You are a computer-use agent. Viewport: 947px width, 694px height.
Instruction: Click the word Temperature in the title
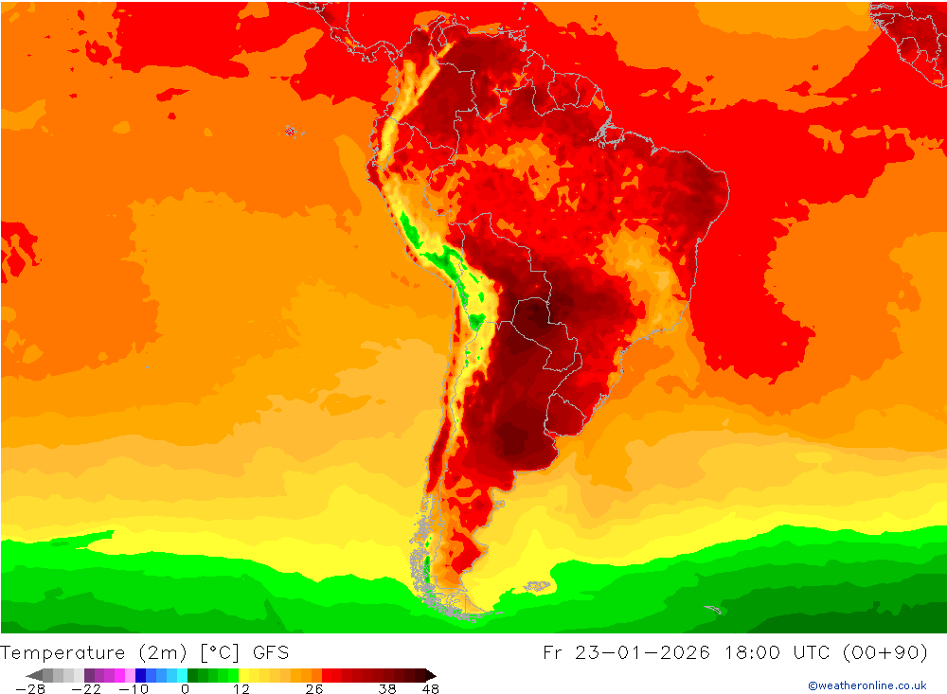click(63, 652)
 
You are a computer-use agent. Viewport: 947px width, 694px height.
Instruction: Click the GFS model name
click(271, 652)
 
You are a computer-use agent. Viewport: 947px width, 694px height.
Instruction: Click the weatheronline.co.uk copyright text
click(867, 685)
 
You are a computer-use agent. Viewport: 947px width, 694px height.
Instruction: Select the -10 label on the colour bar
click(133, 688)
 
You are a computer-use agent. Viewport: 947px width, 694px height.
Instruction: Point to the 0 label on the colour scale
click(186, 688)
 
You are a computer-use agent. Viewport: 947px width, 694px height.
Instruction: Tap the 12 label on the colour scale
click(241, 688)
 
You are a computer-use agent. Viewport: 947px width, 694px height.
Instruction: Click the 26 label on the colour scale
click(314, 688)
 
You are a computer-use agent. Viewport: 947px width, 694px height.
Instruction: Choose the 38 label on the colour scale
click(387, 688)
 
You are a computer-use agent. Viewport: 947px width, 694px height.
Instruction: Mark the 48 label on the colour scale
click(430, 688)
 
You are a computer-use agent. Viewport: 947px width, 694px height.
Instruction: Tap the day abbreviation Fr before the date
click(554, 652)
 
